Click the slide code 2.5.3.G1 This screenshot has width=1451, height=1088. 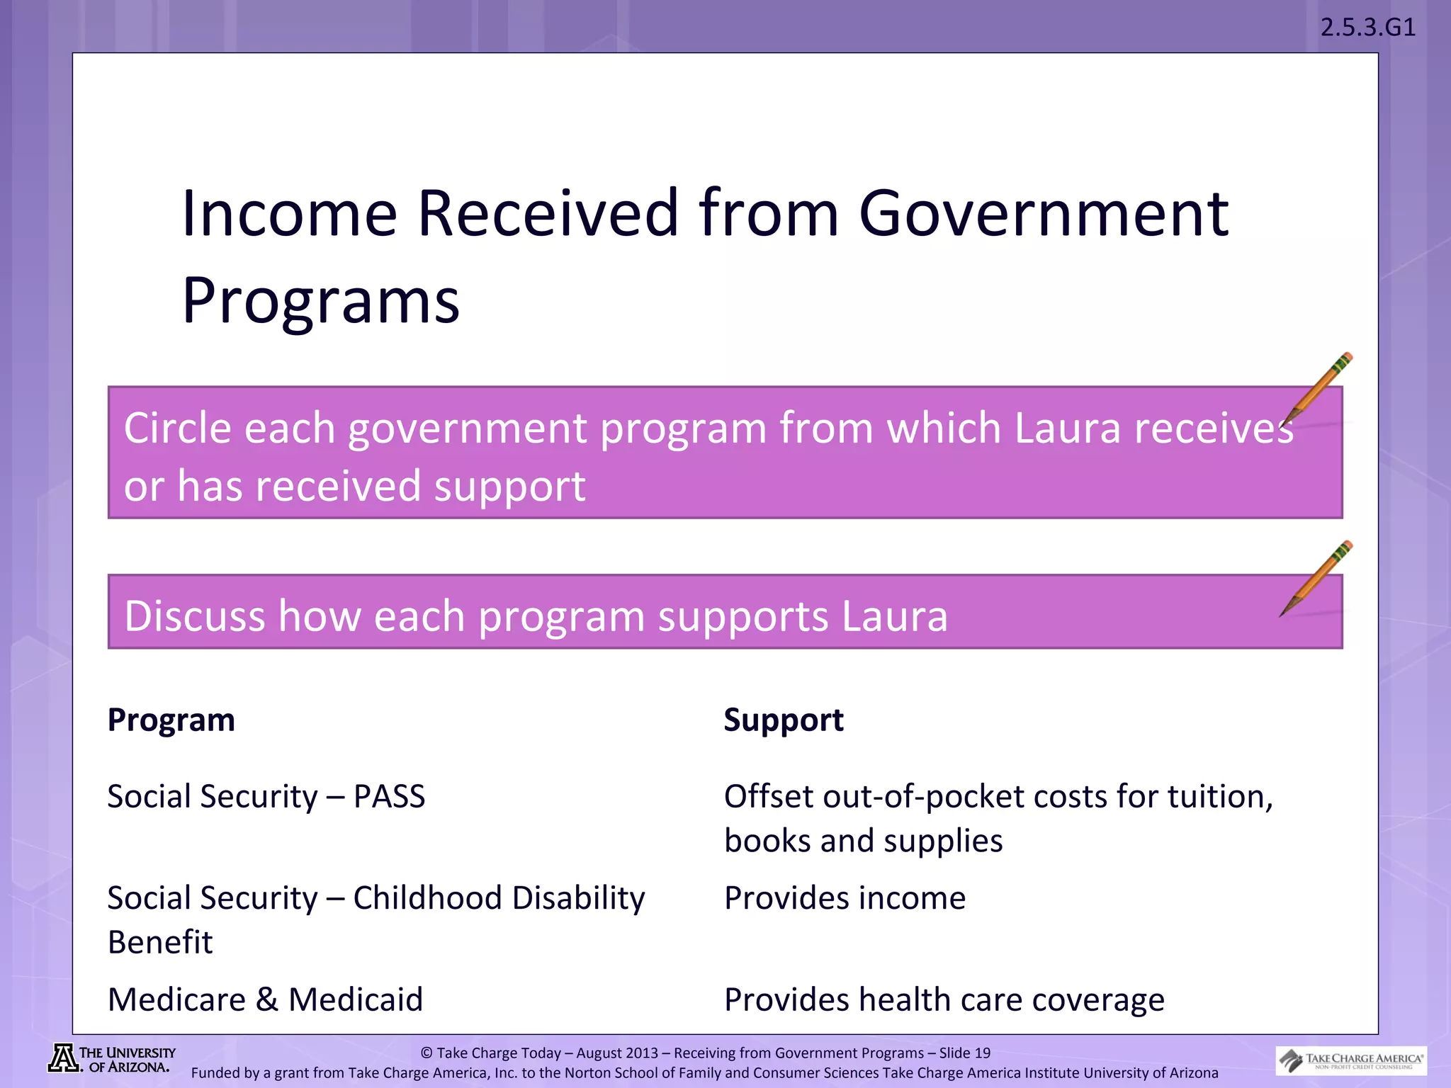(1367, 28)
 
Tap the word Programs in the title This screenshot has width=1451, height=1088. (320, 301)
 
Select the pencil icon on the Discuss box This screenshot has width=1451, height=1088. (1316, 578)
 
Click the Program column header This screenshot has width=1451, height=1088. (171, 720)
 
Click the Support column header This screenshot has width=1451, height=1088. (784, 720)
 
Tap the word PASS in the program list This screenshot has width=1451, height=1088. (389, 797)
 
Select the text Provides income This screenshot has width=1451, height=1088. (845, 898)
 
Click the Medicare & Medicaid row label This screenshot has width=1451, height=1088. (265, 999)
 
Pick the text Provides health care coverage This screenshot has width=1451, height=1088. (944, 999)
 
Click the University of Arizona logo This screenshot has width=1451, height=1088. (112, 1060)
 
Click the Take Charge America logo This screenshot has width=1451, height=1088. (1351, 1060)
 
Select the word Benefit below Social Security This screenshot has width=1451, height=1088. (160, 943)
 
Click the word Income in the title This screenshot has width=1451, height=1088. (289, 213)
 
